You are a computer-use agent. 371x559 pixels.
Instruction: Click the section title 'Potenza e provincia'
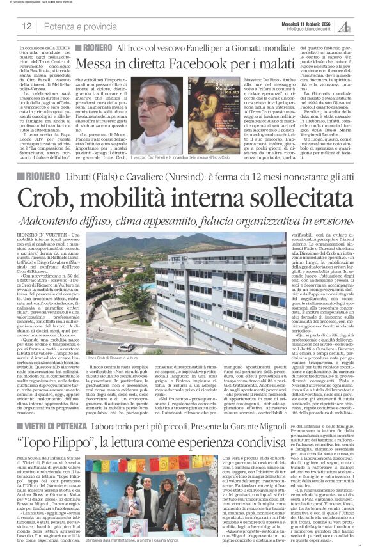(71, 26)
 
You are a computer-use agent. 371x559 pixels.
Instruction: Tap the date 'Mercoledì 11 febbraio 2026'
(310, 22)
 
